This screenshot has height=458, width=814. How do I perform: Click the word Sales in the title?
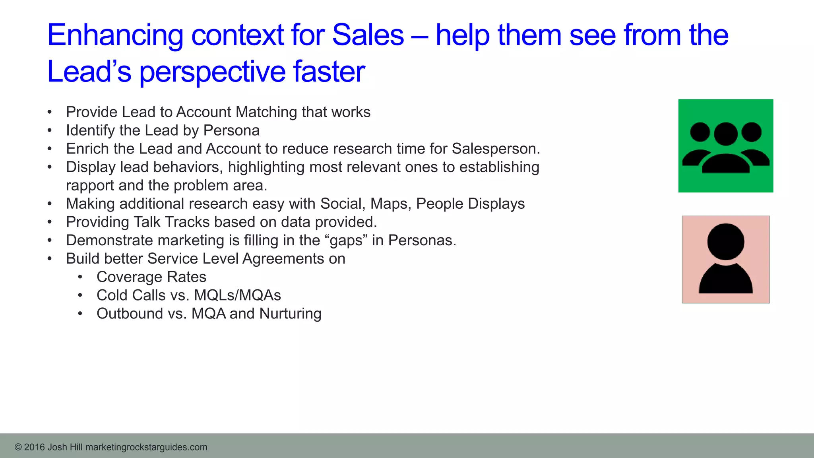point(368,35)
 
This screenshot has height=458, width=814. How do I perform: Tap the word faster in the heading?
point(329,72)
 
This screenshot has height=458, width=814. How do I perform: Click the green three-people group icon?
point(725,146)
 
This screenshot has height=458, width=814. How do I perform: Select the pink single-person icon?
point(725,259)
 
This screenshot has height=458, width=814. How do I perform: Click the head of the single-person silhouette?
point(726,242)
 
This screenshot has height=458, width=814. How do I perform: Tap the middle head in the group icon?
point(726,134)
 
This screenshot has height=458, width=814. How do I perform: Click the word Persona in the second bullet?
point(231,130)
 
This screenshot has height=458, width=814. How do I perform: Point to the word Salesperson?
point(496,149)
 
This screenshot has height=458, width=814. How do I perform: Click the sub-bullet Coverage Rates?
point(151,277)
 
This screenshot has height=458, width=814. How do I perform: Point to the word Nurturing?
point(290,314)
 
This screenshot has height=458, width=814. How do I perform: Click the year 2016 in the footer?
point(34,447)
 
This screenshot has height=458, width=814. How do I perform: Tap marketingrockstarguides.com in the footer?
point(146,447)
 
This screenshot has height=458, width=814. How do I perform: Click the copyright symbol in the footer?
point(18,447)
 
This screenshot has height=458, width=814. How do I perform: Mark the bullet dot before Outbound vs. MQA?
point(80,314)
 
